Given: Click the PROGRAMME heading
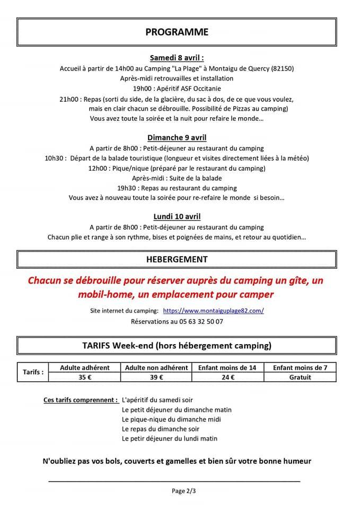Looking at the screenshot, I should click(x=177, y=32).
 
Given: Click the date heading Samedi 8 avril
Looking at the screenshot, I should click(x=177, y=58).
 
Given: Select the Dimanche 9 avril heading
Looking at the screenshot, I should click(x=177, y=138).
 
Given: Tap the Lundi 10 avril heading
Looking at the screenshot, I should click(x=177, y=216).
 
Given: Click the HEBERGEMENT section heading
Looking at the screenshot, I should click(x=177, y=259).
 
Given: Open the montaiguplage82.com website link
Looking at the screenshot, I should click(x=213, y=311).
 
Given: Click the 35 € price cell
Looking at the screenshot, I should click(x=85, y=377).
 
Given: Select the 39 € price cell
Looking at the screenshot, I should click(x=156, y=377).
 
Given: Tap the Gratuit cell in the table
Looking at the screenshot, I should click(x=300, y=377).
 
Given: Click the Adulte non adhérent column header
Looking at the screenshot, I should click(x=156, y=367).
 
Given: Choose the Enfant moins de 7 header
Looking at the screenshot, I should click(x=300, y=367).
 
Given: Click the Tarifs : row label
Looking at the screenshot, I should click(x=33, y=372).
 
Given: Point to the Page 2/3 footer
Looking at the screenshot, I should click(x=184, y=491).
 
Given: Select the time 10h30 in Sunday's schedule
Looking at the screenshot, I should click(x=55, y=158).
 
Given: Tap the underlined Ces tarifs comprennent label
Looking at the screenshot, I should click(x=81, y=400).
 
